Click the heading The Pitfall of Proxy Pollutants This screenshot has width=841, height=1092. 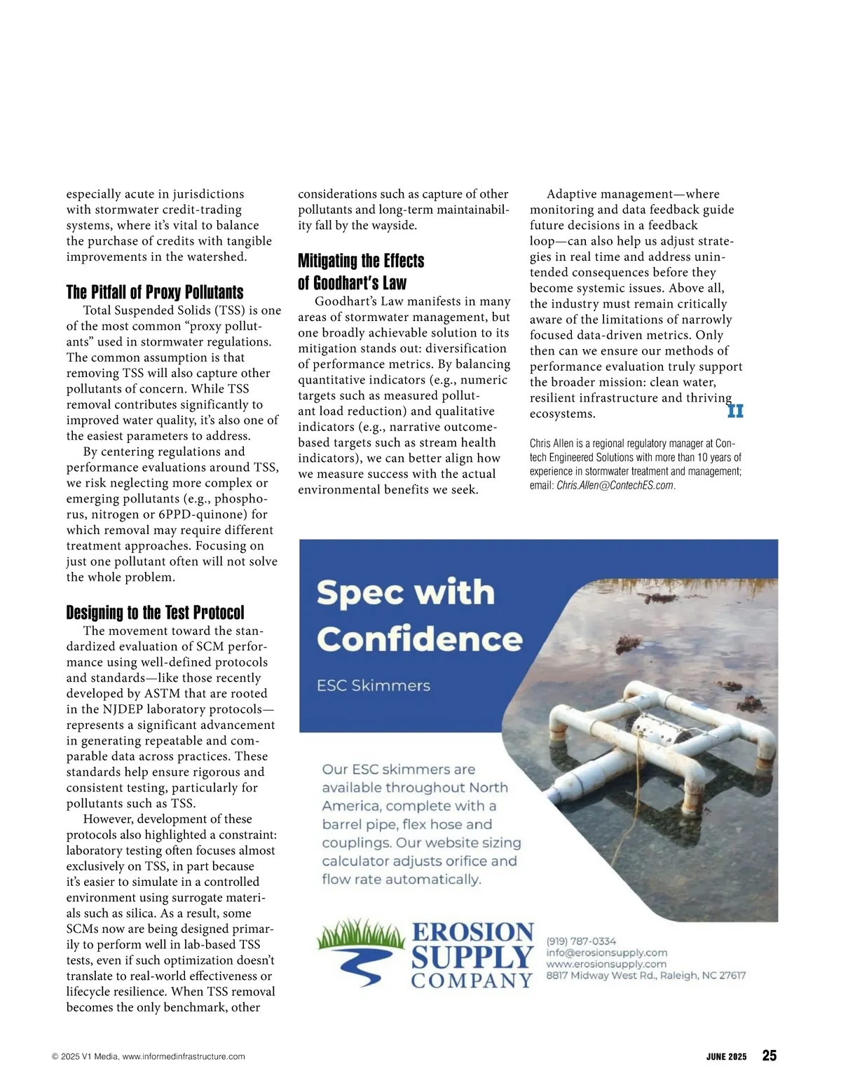(155, 292)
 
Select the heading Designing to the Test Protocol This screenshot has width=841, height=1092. (155, 613)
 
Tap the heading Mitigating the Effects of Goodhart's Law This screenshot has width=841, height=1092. (361, 272)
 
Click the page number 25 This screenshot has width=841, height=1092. (769, 1056)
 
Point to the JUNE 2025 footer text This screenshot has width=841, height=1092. (726, 1056)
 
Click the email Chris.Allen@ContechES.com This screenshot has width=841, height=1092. (615, 485)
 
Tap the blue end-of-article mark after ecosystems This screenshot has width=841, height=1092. (735, 411)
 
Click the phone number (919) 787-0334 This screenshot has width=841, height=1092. (581, 941)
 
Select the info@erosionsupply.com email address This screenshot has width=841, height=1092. (606, 953)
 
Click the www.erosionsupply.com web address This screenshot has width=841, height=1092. (606, 964)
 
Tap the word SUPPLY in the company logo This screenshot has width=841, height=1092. (472, 957)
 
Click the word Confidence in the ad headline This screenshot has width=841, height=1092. (419, 639)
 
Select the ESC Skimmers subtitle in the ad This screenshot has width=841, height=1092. (373, 685)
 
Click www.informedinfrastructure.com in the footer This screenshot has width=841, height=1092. (184, 1056)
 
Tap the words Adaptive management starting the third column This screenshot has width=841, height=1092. (602, 194)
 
